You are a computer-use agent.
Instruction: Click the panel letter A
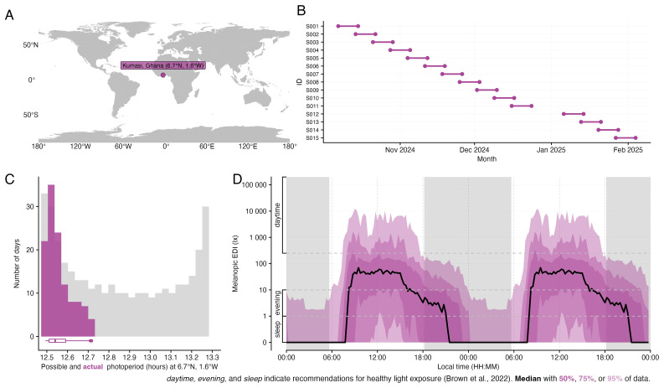[x=9, y=15]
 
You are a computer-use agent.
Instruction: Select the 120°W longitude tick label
[x=80, y=146]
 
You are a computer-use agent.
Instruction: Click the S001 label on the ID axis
[x=311, y=26]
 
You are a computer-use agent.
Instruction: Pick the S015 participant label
[x=311, y=137]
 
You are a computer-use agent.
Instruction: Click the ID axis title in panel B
[x=299, y=81]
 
